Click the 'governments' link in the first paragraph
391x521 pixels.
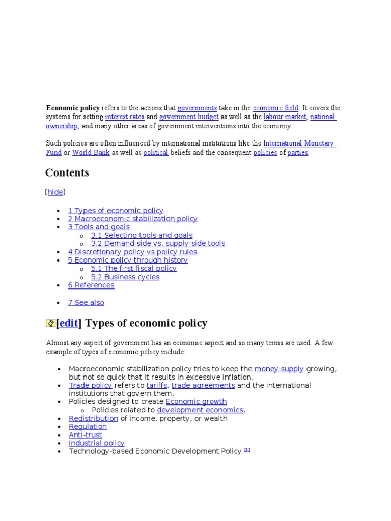click(x=197, y=108)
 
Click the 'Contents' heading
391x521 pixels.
click(x=67, y=172)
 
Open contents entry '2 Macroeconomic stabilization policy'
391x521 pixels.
click(x=132, y=219)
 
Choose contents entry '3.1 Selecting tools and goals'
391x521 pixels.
click(x=142, y=235)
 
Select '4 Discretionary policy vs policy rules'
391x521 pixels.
click(x=132, y=252)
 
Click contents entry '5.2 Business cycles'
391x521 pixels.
click(x=125, y=277)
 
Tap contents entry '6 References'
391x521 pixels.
click(x=91, y=285)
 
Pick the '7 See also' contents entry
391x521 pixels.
click(x=86, y=303)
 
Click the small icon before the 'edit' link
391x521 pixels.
click(x=50, y=323)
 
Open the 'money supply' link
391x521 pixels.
click(x=279, y=369)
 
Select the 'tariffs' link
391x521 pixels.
click(x=157, y=385)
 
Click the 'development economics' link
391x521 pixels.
click(x=200, y=410)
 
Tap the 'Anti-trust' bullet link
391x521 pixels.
click(x=86, y=435)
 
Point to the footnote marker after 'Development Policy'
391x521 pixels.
click(x=247, y=450)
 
